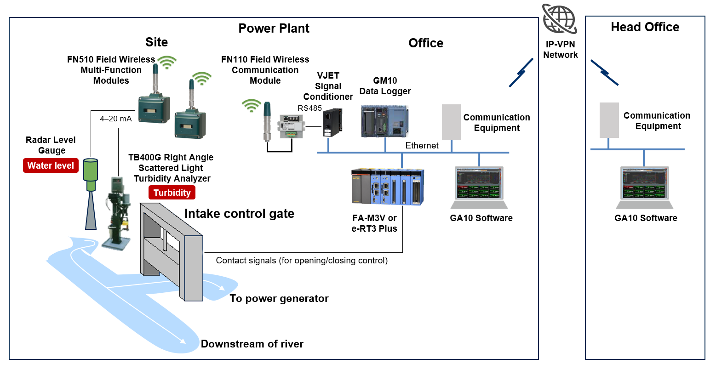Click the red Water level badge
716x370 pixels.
(51, 165)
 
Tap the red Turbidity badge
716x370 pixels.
(172, 193)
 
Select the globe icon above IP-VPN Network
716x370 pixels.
(559, 19)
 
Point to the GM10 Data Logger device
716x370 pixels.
(384, 121)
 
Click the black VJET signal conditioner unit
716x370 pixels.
(332, 122)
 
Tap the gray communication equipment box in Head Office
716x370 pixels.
(609, 120)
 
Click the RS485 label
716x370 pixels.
(309, 108)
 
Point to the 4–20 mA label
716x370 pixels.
(116, 119)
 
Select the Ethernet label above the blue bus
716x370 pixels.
(422, 145)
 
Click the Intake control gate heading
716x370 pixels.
(239, 214)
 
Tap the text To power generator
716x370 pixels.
(279, 299)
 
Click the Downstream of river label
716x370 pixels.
(252, 344)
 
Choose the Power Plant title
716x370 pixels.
(274, 28)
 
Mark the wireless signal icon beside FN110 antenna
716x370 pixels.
(251, 106)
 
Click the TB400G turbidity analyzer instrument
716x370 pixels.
(116, 211)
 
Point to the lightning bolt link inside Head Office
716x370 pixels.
(604, 73)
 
